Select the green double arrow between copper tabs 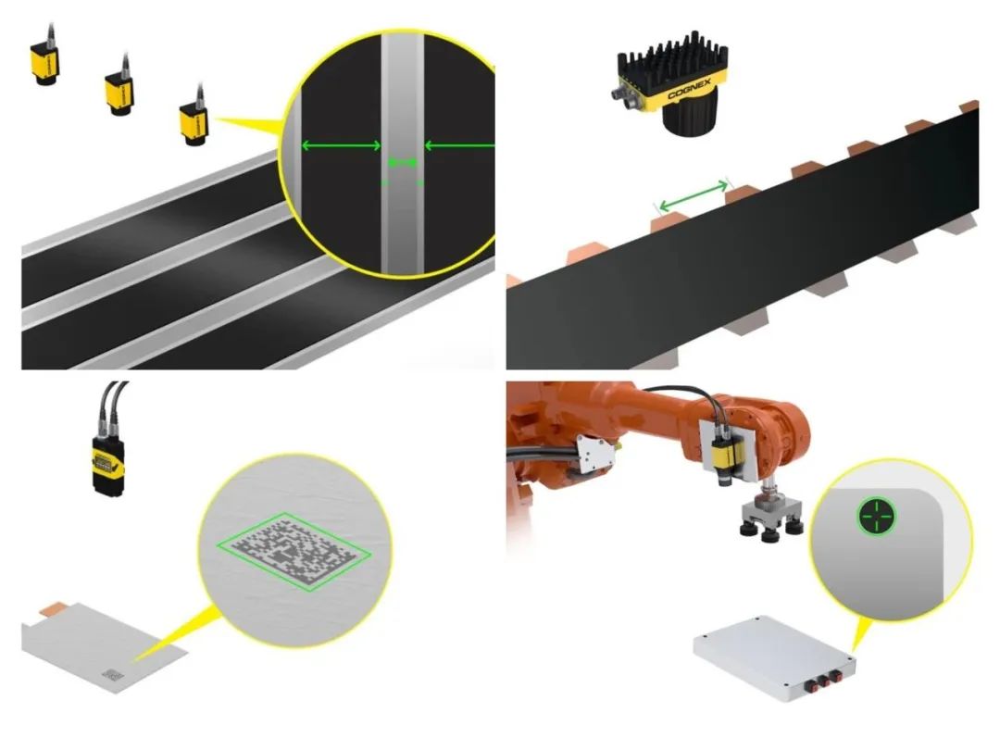click(693, 195)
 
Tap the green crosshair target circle click(876, 517)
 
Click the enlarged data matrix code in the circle click(294, 550)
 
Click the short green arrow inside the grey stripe click(403, 163)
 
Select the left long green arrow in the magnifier click(341, 146)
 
